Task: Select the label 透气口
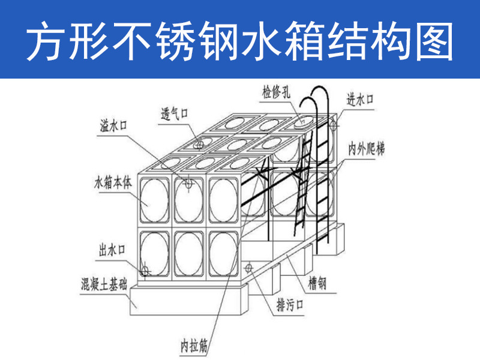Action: [x=175, y=113]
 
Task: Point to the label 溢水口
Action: [x=115, y=127]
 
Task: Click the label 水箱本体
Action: [x=113, y=182]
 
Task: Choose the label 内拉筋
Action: [x=195, y=346]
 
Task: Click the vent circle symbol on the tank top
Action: [x=199, y=144]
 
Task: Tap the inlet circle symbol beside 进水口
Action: [x=332, y=126]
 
